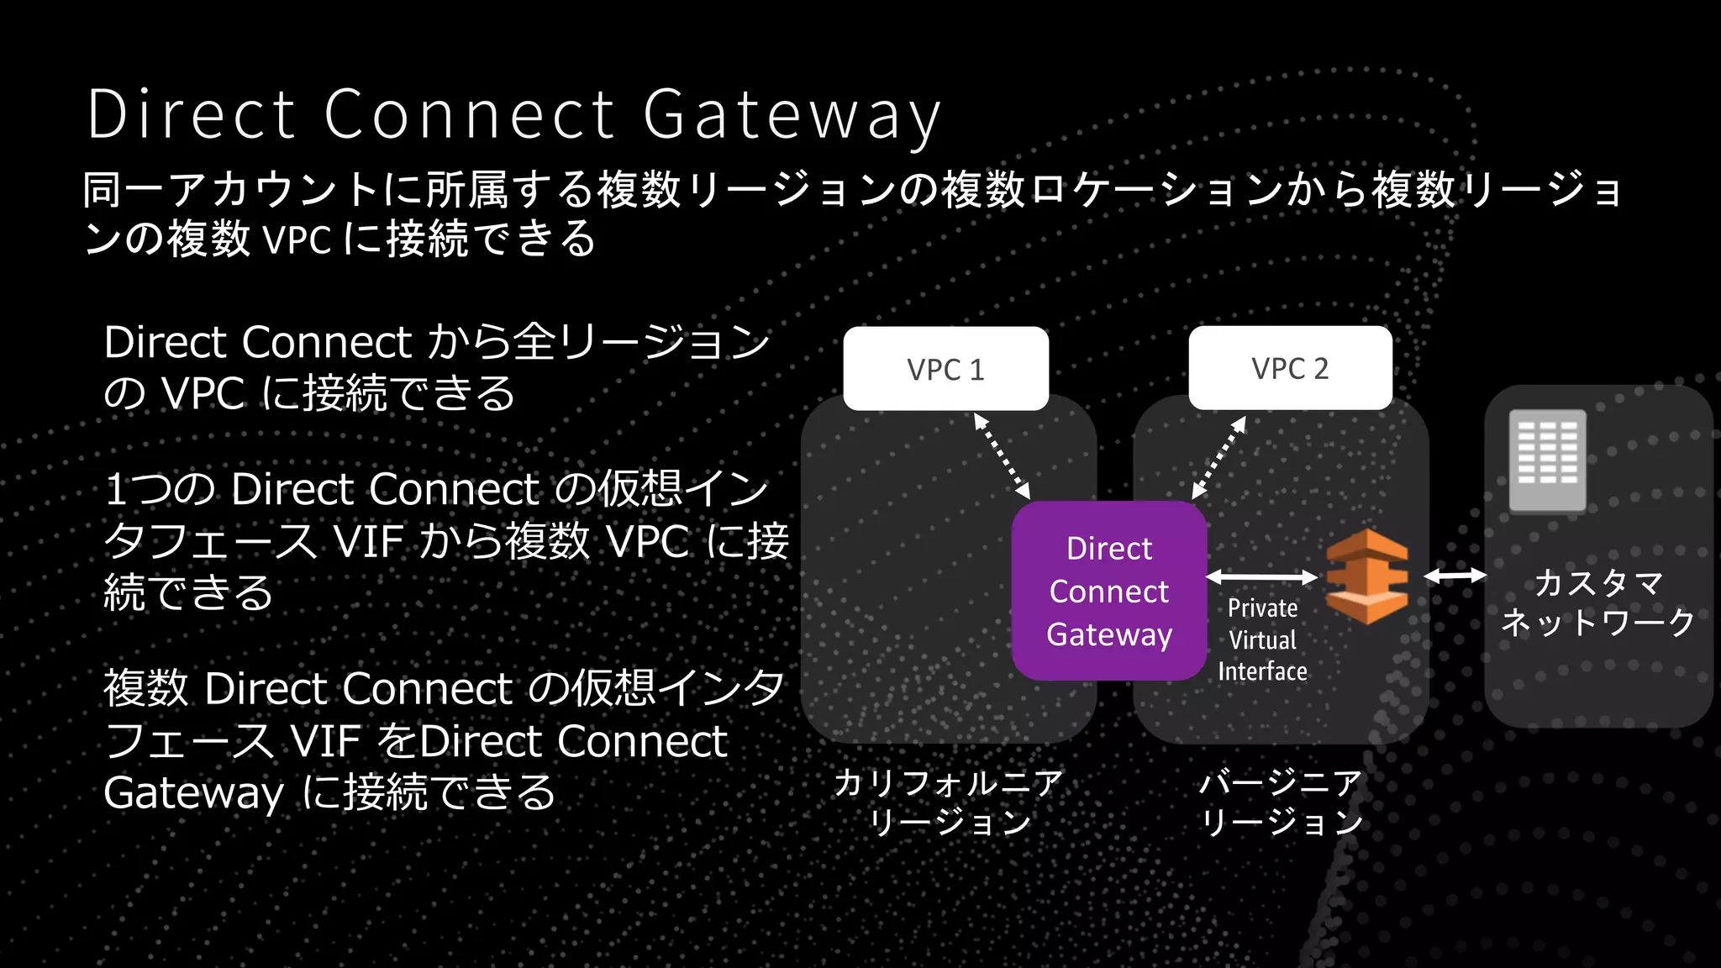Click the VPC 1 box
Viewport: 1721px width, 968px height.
[945, 369]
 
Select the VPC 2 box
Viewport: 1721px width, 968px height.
[1290, 368]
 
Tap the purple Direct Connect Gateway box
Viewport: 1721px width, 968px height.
[1108, 591]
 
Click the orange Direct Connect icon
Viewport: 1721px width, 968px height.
[1367, 576]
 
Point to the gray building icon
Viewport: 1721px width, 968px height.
[1547, 460]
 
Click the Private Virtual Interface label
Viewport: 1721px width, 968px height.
[1262, 639]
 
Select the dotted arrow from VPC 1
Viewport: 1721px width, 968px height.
[1002, 456]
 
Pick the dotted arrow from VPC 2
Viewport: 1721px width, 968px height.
[1219, 457]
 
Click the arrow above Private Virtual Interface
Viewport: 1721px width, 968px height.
[1262, 576]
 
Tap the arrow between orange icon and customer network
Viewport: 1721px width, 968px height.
[1455, 576]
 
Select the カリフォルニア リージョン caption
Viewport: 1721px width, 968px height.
[949, 802]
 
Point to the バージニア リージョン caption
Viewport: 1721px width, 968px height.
[1281, 802]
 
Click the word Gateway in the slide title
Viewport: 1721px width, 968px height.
[792, 115]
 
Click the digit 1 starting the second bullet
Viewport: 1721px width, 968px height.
[116, 490]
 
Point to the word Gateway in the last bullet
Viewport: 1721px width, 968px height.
[193, 793]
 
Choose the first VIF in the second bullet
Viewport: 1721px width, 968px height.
[368, 541]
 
